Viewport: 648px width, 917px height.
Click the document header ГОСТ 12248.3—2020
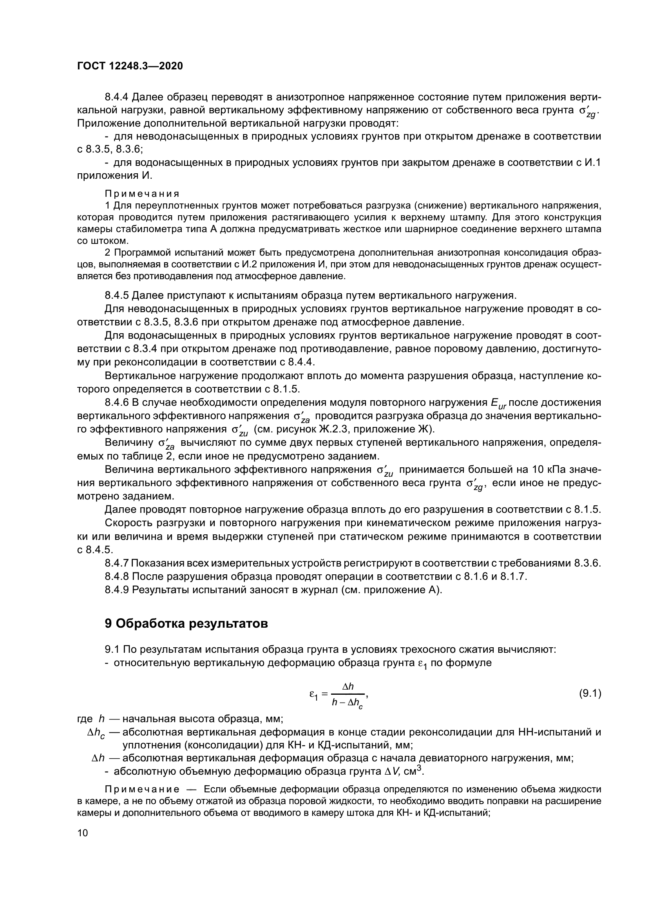click(x=130, y=66)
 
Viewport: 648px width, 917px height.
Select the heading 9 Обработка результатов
click(x=186, y=623)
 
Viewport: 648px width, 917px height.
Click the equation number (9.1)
click(x=590, y=694)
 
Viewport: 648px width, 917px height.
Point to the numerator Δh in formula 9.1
click(x=348, y=686)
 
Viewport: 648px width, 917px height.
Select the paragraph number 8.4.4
click(x=116, y=97)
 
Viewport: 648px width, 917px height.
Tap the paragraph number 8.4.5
click(x=116, y=296)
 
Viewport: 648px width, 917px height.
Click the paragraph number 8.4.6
click(x=116, y=403)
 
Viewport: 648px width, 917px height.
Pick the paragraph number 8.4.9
click(x=116, y=590)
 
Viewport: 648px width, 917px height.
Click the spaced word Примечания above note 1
click(x=142, y=194)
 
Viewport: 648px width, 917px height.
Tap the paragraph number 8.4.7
click(x=116, y=563)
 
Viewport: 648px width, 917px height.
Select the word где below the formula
click(x=85, y=719)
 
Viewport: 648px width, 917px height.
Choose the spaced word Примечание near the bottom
click(x=142, y=790)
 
